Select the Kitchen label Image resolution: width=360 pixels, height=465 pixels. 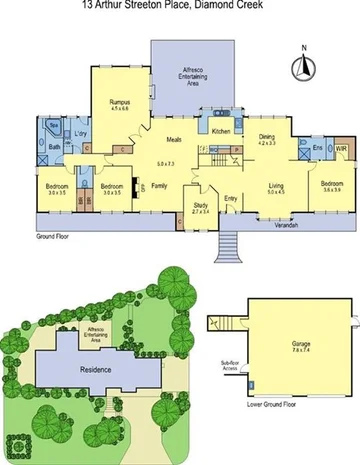222,131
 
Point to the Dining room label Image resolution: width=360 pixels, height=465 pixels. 267,140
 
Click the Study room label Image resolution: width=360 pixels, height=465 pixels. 201,208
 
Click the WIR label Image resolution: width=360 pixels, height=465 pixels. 340,149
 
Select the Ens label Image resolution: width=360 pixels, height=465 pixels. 317,149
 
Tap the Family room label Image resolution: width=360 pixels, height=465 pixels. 160,186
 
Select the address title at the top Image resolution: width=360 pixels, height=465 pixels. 180,5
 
